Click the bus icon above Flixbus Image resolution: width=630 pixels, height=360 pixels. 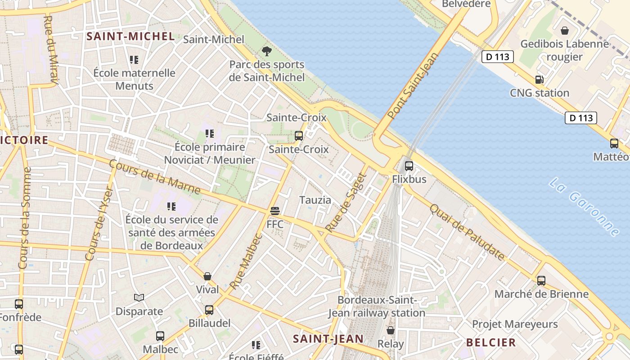pyautogui.click(x=409, y=166)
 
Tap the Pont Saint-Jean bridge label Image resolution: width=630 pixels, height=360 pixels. pyautogui.click(x=413, y=86)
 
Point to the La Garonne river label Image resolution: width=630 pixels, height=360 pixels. pyautogui.click(x=584, y=207)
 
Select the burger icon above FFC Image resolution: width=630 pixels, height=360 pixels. pyautogui.click(x=275, y=211)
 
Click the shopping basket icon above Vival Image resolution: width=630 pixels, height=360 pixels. pyautogui.click(x=207, y=276)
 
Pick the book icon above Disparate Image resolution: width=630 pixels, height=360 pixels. pyautogui.click(x=139, y=297)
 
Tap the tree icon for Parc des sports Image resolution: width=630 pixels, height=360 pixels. pyautogui.click(x=267, y=51)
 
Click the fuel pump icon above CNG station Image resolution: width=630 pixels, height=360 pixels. pyautogui.click(x=539, y=80)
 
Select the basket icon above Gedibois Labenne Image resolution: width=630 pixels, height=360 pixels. pyautogui.click(x=564, y=31)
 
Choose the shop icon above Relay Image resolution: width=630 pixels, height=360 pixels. pyautogui.click(x=391, y=330)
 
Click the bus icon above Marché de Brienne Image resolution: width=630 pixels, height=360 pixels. pyautogui.click(x=541, y=280)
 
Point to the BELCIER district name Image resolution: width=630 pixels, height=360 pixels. pyautogui.click(x=491, y=342)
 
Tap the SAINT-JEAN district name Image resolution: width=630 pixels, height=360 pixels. pyautogui.click(x=328, y=338)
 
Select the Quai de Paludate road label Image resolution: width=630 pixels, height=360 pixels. pyautogui.click(x=467, y=232)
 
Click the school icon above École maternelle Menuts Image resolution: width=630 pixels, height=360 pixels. pyautogui.click(x=134, y=59)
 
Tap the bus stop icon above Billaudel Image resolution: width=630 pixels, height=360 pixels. pyautogui.click(x=209, y=310)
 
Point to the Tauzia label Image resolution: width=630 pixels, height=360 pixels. pyautogui.click(x=315, y=200)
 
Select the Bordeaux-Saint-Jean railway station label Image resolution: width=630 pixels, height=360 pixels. pyautogui.click(x=377, y=306)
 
